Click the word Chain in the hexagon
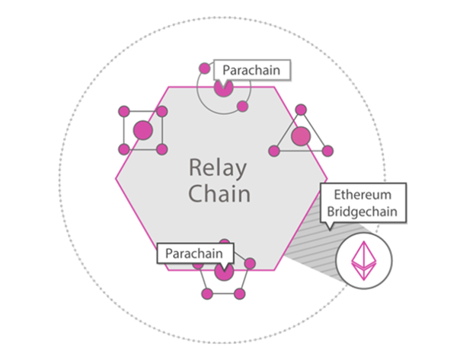tap(219, 193)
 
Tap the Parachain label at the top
tap(252, 71)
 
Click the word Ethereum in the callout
tap(363, 194)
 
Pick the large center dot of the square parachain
tap(143, 130)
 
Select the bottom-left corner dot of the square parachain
tap(125, 148)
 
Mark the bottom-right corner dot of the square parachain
tap(161, 148)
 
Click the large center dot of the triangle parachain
tap(301, 136)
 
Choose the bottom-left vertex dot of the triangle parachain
tap(275, 150)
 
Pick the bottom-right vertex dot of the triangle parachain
tap(327, 150)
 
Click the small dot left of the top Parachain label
tap(204, 68)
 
